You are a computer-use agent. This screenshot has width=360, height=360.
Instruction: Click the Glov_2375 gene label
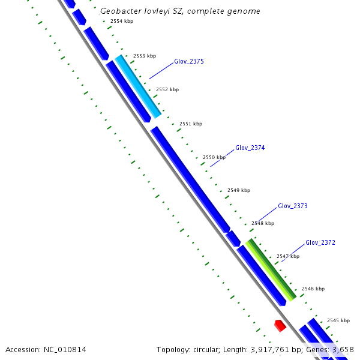pos(189,61)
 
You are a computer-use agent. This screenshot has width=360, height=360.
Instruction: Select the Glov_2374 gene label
pos(250,148)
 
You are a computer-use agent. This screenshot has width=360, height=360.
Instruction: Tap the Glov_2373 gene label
pos(292,206)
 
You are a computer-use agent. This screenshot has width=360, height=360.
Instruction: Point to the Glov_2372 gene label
pos(320,242)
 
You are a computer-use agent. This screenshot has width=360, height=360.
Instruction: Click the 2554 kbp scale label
pos(122,21)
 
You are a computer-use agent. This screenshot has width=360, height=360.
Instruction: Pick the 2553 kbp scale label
pos(144,56)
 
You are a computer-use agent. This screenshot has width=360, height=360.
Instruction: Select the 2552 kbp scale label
pos(167,89)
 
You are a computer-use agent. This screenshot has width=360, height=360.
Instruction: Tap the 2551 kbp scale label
pos(190,124)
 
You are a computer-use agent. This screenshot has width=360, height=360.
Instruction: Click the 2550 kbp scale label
pos(214,157)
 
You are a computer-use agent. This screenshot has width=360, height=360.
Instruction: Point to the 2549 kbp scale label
pos(238,190)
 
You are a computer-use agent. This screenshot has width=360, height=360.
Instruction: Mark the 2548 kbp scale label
pos(262,223)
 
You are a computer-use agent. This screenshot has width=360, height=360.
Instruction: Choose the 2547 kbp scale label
pos(287,256)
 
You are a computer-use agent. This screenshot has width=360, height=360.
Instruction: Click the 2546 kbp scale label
pos(313,289)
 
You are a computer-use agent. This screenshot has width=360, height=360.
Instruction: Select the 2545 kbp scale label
pos(338,320)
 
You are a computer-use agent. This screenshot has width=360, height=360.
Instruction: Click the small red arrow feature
pos(280,325)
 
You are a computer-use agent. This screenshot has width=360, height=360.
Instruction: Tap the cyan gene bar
pos(138,86)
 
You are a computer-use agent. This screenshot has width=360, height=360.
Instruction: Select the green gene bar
pos(271,269)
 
